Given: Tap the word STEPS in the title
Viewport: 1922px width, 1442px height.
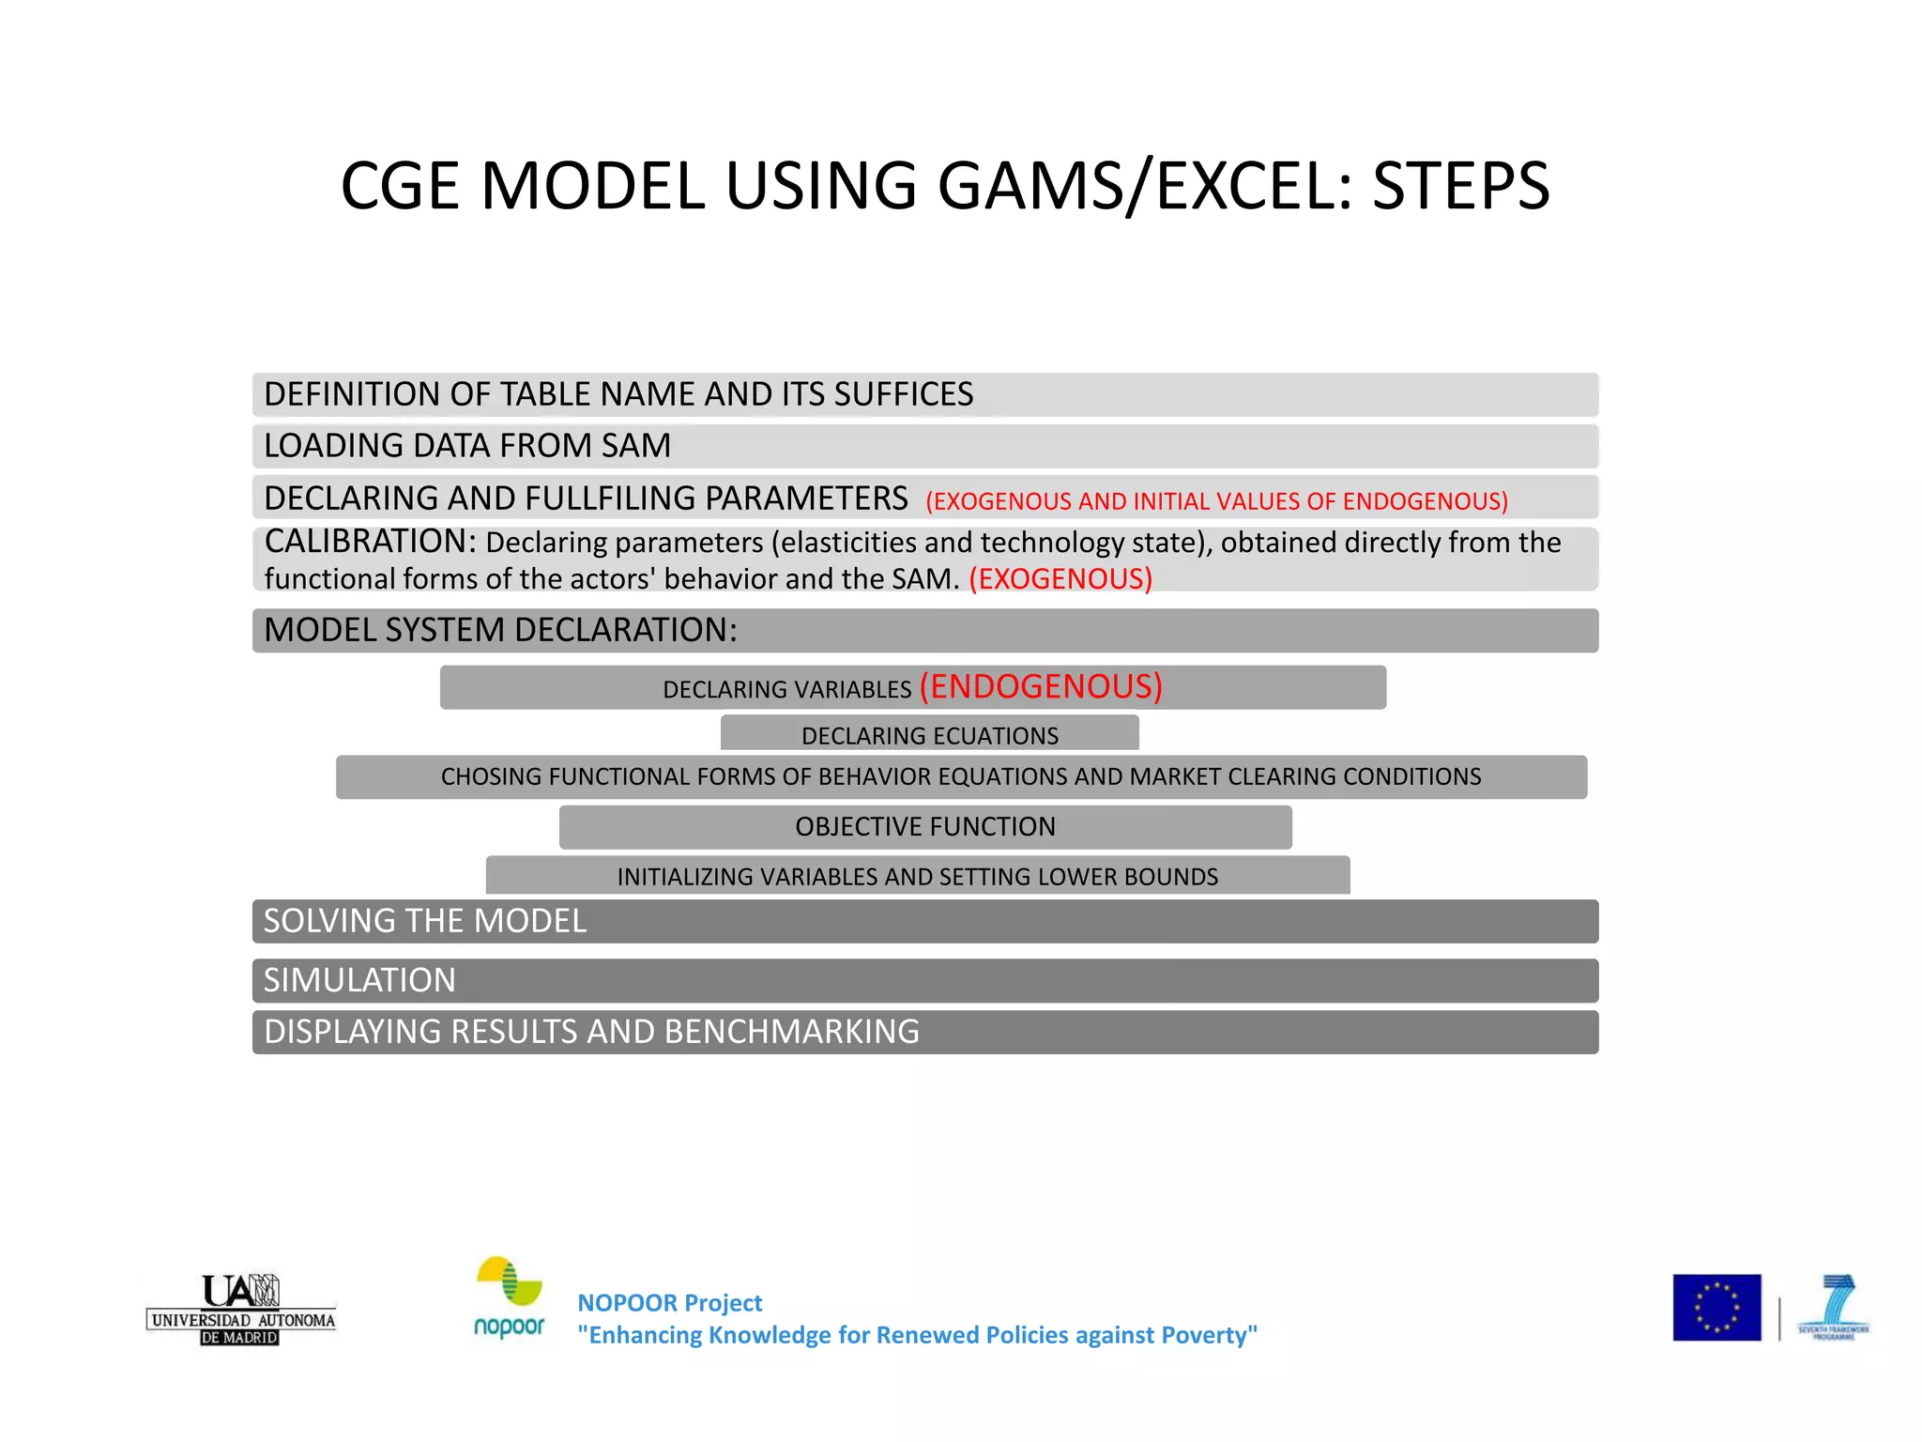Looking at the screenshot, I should (1460, 185).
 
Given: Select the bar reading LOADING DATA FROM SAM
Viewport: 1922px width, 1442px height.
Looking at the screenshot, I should (924, 446).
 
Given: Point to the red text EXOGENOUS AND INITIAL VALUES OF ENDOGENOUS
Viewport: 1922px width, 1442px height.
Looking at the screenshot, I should (1216, 501).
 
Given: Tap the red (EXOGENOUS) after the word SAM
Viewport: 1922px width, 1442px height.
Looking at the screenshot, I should (1060, 579).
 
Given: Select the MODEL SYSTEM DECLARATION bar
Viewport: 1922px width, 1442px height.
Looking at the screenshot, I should (924, 630).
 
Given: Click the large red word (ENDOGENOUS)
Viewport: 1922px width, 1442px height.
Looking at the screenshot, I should (1041, 686).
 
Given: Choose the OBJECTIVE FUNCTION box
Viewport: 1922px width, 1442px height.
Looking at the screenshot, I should (925, 827).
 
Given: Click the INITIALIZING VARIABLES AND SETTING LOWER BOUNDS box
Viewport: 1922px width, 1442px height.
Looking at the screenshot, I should (917, 876).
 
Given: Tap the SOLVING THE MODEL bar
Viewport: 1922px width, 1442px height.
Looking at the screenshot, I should (924, 921).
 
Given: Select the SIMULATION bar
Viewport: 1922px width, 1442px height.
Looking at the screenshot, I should (924, 980).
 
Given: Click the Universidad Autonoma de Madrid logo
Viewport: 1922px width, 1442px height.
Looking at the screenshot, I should (240, 1309).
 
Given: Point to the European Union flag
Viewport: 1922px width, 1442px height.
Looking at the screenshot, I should (1716, 1308).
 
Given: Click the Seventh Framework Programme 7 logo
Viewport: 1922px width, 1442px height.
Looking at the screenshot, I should (1834, 1306).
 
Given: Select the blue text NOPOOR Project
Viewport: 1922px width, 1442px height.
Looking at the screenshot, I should (669, 1303).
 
